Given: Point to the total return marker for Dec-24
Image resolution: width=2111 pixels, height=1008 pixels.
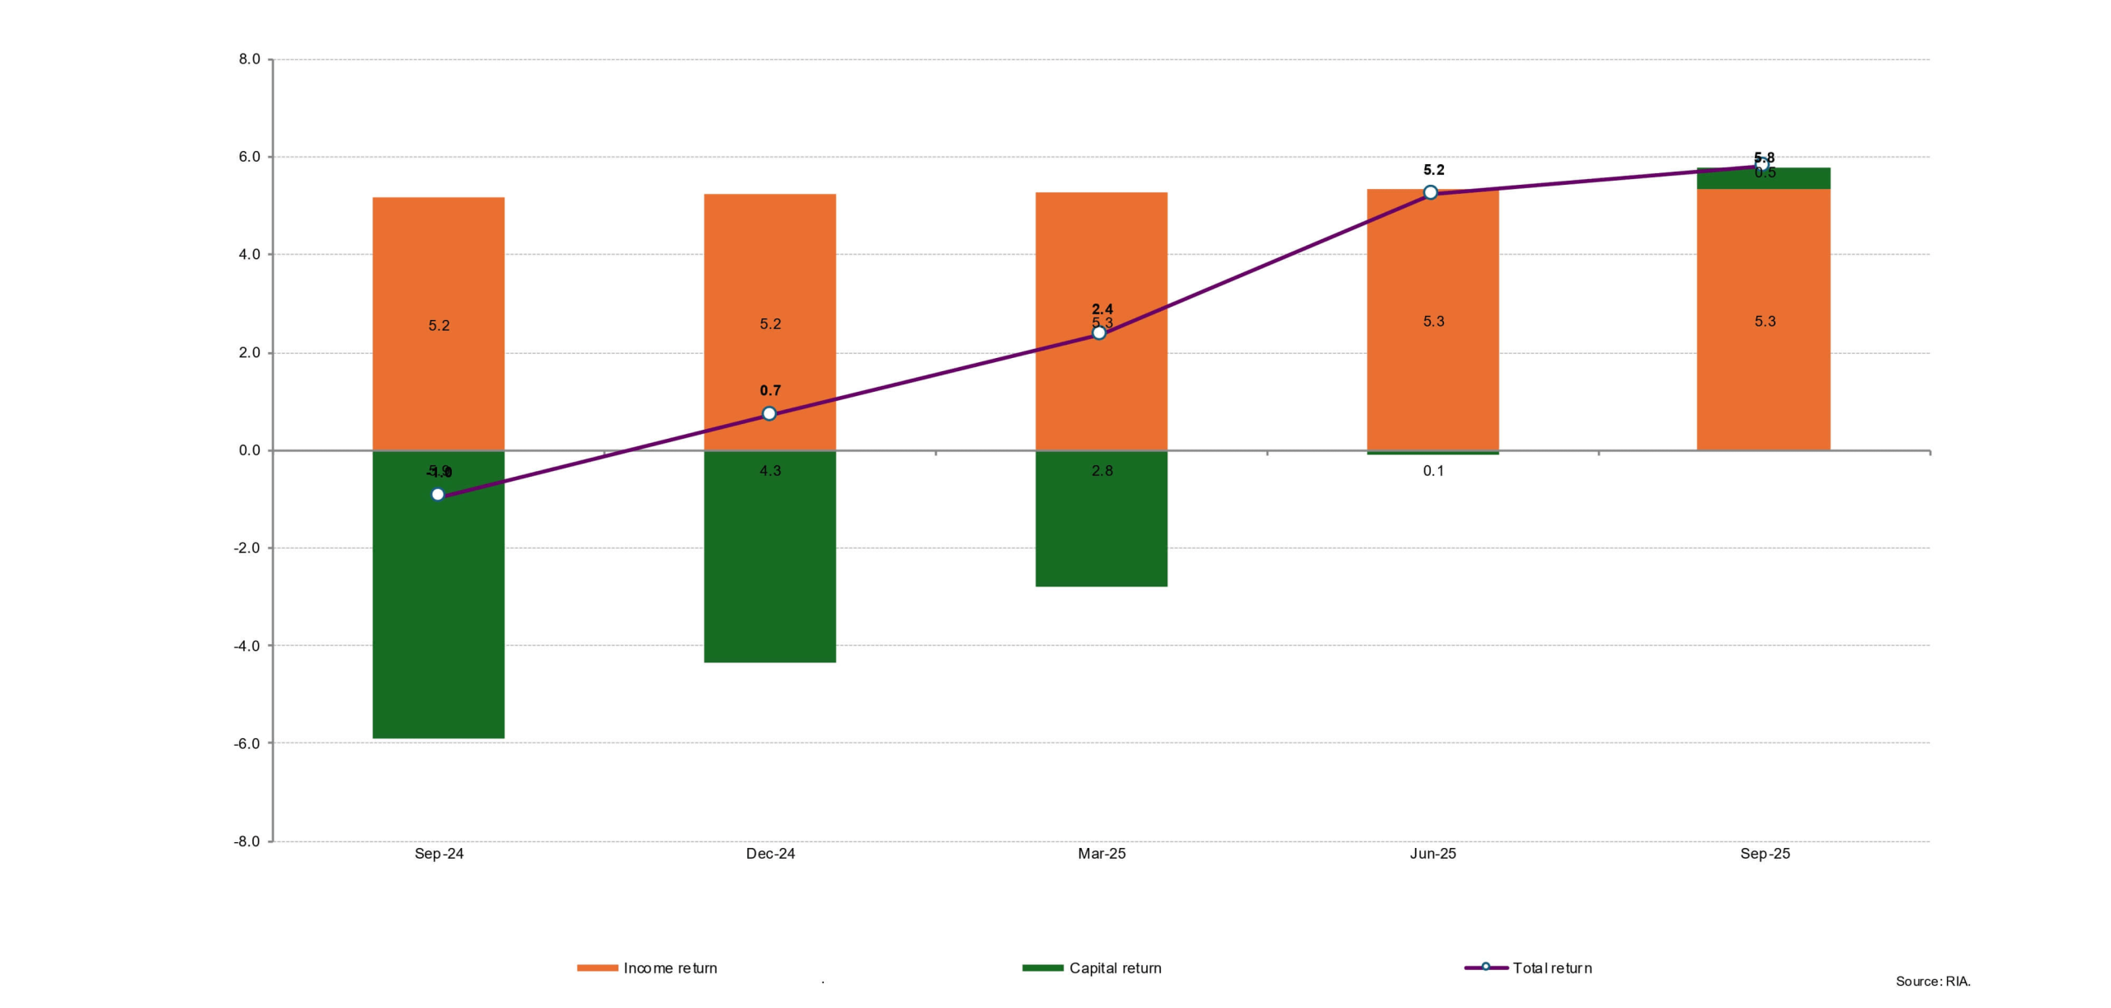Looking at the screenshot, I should [769, 413].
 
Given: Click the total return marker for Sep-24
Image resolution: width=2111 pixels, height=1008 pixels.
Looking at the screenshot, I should [438, 494].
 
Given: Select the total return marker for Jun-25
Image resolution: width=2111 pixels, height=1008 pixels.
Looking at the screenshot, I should [1431, 192].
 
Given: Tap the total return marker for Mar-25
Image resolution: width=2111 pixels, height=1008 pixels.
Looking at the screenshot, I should [1099, 332].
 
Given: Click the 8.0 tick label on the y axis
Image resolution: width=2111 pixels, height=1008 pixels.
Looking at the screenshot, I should [249, 59].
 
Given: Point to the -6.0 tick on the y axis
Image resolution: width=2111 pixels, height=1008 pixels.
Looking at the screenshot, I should [247, 743].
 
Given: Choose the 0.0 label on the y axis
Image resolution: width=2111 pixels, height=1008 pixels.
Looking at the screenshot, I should [249, 450].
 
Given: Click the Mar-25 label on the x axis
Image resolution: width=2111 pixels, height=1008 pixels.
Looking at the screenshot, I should [1101, 854].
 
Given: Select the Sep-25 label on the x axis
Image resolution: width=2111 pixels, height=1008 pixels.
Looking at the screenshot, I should [1765, 854].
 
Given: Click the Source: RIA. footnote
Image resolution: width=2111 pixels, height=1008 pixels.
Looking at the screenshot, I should [1932, 981].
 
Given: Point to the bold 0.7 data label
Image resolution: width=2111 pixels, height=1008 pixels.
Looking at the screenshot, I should [770, 390].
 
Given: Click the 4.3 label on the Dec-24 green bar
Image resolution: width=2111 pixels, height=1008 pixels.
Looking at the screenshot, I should [770, 471].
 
